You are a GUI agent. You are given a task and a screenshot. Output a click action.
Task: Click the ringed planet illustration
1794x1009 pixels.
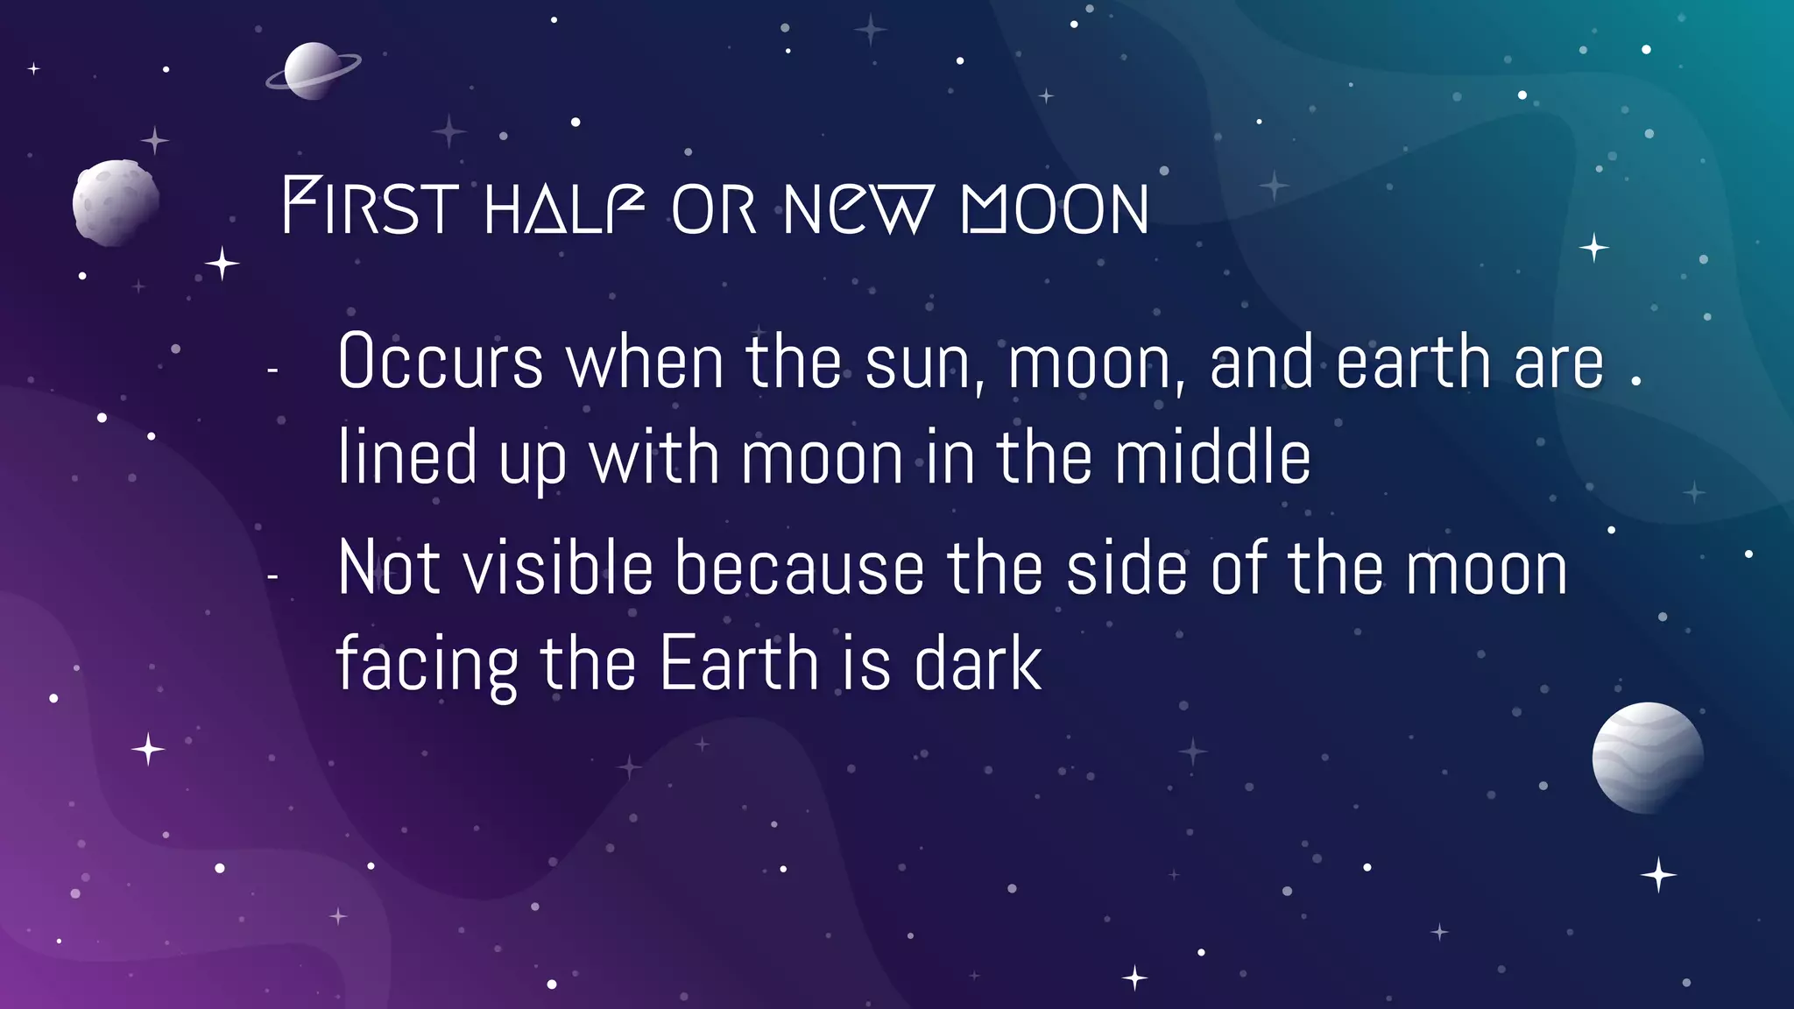click(x=313, y=71)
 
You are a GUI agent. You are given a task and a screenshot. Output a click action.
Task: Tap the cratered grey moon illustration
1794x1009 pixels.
click(x=116, y=202)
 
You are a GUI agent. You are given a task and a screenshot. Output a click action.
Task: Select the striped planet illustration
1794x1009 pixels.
click(x=1647, y=758)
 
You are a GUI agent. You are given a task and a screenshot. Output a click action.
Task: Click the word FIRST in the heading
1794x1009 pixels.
click(x=370, y=208)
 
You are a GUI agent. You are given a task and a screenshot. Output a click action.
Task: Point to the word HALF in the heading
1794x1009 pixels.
click(x=565, y=208)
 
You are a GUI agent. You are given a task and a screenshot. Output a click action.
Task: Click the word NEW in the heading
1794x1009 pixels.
click(x=858, y=209)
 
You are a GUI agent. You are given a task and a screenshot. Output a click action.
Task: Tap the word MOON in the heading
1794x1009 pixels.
click(x=1055, y=209)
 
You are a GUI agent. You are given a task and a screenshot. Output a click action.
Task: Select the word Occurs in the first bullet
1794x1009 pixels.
click(x=441, y=362)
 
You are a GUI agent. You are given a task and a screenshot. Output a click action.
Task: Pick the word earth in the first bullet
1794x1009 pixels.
click(x=1413, y=362)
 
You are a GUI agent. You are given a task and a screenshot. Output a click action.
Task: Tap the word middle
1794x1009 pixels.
click(x=1212, y=457)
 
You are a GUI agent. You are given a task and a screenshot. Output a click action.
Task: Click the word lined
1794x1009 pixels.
click(x=407, y=457)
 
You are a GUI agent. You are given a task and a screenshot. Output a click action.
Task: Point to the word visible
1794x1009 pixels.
click(x=557, y=569)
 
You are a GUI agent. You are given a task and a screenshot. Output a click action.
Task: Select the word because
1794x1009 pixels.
click(x=799, y=569)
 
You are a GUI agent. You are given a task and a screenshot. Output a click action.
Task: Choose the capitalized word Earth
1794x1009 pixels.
click(x=738, y=663)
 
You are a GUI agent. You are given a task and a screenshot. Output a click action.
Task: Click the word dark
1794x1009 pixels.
click(x=978, y=663)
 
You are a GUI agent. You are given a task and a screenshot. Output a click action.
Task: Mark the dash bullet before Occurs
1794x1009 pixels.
click(x=272, y=371)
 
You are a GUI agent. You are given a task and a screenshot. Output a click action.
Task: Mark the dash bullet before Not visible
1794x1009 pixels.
click(x=272, y=577)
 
